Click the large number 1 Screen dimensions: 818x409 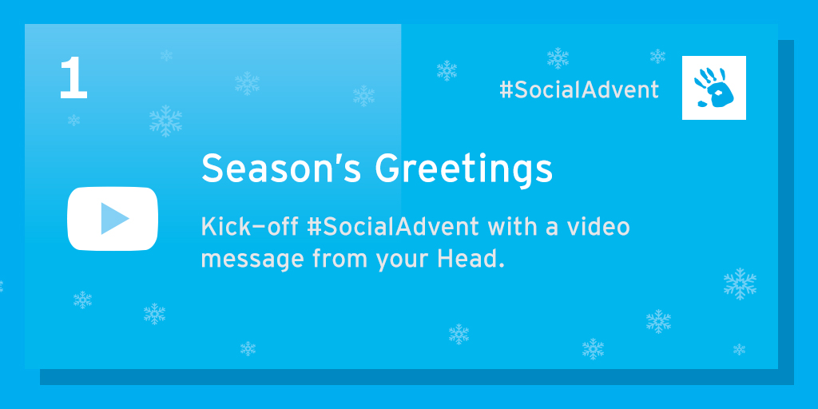coord(73,78)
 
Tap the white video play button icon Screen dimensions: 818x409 coord(113,219)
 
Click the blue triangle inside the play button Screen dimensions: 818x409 coord(114,219)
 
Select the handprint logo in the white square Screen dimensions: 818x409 coord(713,88)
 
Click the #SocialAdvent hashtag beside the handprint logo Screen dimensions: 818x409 coord(579,90)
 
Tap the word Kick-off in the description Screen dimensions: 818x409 coord(249,227)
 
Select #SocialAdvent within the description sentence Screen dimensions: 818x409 coord(393,227)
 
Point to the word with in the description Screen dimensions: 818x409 coord(507,227)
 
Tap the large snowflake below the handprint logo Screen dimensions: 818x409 coord(740,284)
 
